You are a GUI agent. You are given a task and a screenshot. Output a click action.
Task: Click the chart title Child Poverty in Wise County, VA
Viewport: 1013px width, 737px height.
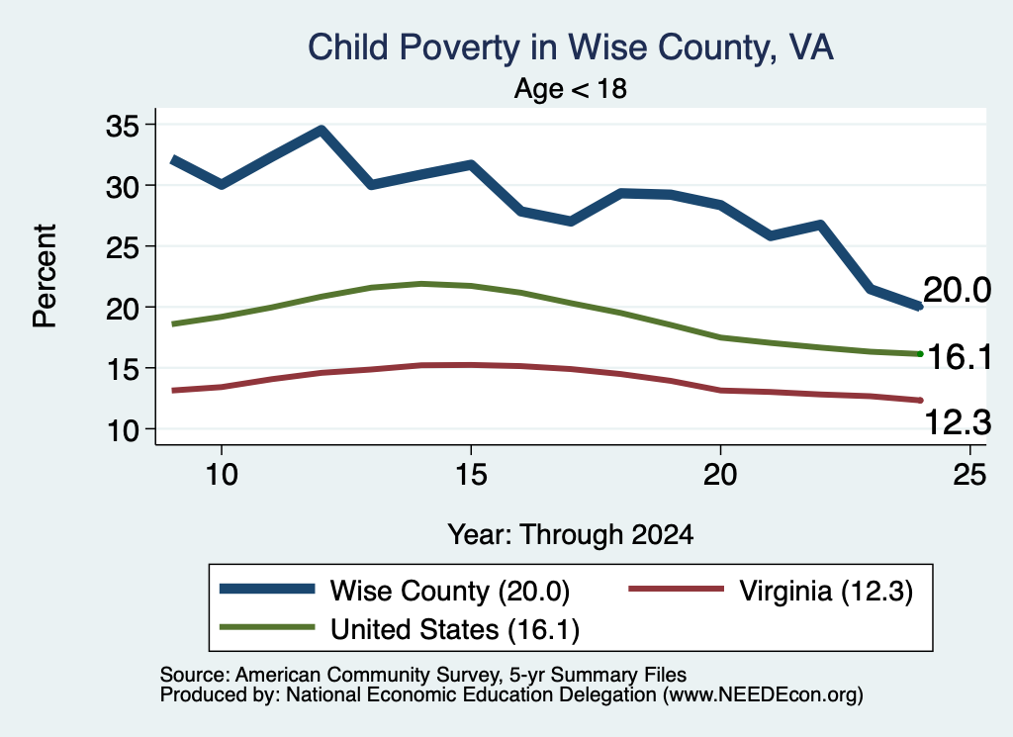coord(571,47)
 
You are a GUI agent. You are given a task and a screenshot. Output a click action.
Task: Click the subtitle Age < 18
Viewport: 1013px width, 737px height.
coord(571,88)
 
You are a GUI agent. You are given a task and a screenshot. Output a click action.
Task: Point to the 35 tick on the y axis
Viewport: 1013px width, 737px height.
coord(123,126)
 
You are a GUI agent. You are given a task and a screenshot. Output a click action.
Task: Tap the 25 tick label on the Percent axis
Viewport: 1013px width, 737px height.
coord(123,246)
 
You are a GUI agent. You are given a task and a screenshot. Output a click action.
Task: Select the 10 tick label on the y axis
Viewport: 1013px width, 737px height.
coord(123,429)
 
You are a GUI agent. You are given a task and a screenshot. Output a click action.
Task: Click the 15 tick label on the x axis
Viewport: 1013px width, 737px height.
coord(471,475)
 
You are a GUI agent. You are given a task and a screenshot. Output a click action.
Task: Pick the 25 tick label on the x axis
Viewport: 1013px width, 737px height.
coord(969,475)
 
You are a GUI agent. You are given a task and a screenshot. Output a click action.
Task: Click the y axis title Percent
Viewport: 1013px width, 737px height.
coord(45,276)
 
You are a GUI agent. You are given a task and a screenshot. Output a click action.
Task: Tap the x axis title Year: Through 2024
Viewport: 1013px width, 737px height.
coord(571,535)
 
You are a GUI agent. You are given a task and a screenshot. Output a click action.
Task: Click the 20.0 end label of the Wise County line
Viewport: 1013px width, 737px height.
coord(957,290)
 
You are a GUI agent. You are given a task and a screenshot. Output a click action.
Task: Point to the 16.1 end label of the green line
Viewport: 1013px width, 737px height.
coord(960,357)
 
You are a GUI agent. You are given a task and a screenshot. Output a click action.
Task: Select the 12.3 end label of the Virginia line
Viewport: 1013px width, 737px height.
coord(958,423)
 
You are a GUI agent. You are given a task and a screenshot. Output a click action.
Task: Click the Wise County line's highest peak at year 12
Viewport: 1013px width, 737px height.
coord(322,130)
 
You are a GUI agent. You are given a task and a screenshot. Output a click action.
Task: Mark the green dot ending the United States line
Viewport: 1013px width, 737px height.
coord(920,353)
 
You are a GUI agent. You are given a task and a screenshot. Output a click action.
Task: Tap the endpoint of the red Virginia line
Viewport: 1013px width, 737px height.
coord(920,401)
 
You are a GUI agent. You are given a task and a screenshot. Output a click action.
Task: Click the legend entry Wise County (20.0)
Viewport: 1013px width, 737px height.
coord(395,591)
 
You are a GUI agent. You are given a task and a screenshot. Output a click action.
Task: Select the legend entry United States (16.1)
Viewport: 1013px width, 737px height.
coord(400,629)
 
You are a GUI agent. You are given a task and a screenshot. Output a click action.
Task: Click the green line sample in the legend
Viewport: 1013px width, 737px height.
coord(267,627)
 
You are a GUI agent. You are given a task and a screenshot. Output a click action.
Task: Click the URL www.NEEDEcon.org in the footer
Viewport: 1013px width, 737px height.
coord(763,695)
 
